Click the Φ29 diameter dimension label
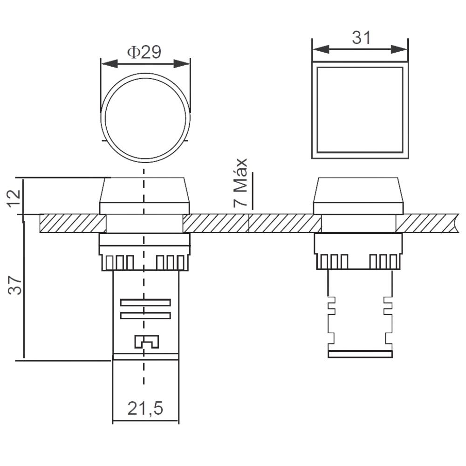[144, 52]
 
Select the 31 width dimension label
[362, 38]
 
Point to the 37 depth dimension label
[15, 285]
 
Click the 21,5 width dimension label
[145, 408]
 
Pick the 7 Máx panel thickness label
[240, 183]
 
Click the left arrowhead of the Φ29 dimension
[109, 63]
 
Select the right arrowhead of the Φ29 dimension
[182, 63]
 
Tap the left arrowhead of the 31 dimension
[321, 49]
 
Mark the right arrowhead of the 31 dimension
[399, 49]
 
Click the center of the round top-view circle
[145, 118]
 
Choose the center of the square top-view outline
[360, 110]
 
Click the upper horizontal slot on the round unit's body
[145, 302]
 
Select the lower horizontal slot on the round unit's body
[145, 315]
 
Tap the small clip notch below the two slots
[146, 342]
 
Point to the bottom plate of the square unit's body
[360, 354]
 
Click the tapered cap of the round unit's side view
[144, 190]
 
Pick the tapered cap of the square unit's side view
[358, 190]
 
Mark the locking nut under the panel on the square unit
[358, 251]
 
